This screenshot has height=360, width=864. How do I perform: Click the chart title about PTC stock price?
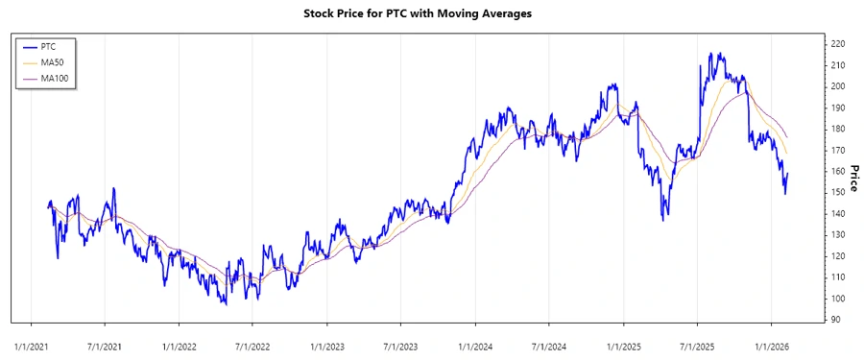431,13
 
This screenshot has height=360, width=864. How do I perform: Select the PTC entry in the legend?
51,46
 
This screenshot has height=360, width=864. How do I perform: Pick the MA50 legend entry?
54,61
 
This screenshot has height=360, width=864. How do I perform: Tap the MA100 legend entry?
56,77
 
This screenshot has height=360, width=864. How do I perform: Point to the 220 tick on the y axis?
837,44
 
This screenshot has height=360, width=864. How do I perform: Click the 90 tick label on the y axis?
834,320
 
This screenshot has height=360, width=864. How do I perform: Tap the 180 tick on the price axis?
837,129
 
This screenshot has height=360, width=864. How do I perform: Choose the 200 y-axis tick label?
837,86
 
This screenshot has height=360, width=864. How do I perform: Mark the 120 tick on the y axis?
837,256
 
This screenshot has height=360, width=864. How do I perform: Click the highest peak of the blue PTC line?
709,54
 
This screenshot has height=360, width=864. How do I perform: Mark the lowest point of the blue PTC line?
225,304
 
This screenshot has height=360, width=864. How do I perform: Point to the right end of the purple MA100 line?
787,136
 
